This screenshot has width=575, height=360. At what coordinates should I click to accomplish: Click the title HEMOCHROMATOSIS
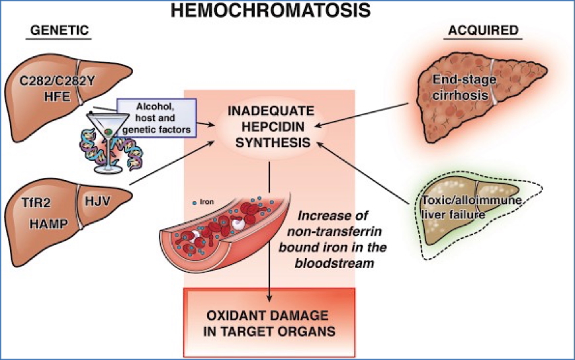tap(287, 11)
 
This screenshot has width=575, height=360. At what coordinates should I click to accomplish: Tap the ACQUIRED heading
tap(483, 31)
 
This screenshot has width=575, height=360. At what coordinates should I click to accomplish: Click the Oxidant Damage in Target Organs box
tap(270, 321)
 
